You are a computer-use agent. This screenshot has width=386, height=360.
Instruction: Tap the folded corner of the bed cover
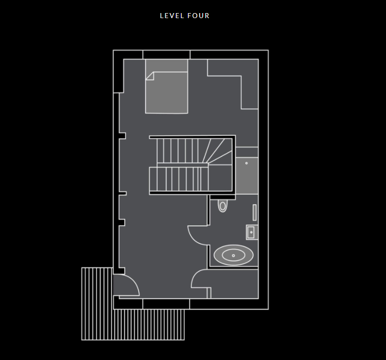(149, 75)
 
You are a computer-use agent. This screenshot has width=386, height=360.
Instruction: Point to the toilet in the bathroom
(223, 206)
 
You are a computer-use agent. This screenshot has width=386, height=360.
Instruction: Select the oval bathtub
(233, 255)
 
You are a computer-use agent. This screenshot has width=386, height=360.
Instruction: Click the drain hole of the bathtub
(233, 255)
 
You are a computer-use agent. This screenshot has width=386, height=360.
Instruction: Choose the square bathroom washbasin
(251, 232)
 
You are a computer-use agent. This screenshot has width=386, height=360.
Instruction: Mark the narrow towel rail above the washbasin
(255, 213)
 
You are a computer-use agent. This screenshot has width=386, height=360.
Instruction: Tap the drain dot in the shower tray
(246, 163)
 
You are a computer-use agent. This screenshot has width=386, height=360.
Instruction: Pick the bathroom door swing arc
(198, 235)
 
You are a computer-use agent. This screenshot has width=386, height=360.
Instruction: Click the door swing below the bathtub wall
(200, 279)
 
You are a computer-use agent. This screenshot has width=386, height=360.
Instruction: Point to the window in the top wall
(166, 54)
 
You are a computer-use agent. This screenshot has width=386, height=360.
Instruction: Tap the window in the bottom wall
(166, 304)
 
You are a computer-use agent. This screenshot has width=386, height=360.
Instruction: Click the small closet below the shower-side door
(234, 284)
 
